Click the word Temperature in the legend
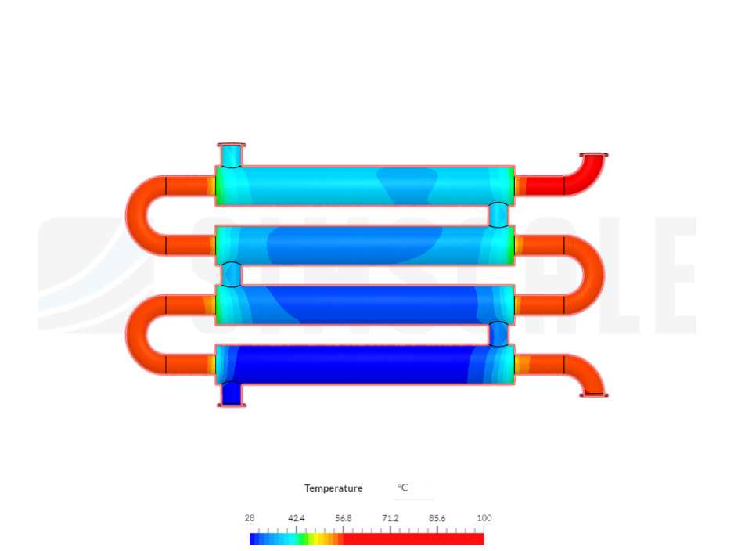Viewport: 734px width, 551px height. click(333, 488)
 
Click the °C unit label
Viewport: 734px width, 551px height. click(403, 488)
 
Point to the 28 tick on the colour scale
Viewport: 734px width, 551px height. click(250, 518)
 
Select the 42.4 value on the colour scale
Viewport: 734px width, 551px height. click(297, 518)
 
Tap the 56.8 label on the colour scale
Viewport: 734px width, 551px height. click(344, 518)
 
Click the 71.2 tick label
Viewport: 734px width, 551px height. click(390, 518)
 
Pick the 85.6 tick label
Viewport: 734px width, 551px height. click(437, 518)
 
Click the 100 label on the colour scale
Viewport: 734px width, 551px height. click(484, 518)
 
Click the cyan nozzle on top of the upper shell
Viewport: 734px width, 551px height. click(232, 155)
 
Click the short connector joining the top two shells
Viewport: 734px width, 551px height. click(498, 215)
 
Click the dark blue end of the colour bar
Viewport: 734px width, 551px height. click(254, 538)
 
